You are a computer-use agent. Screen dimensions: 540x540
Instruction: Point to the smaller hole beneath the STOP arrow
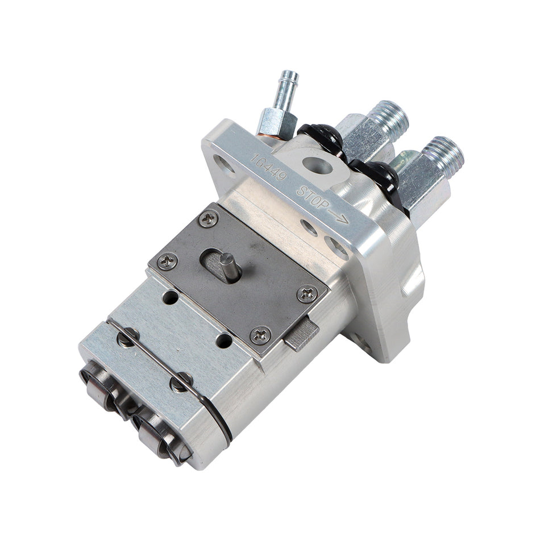tap(309, 227)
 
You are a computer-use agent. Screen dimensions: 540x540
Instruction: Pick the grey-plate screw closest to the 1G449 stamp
tap(209, 218)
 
